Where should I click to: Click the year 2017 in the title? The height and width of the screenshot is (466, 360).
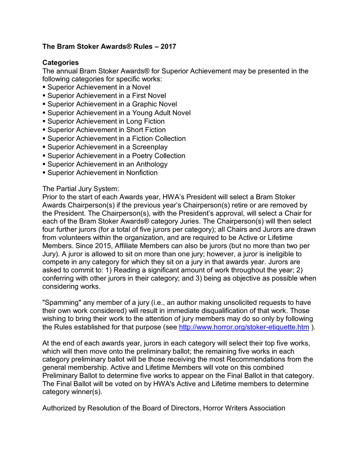(x=167, y=46)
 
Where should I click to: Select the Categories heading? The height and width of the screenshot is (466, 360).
(x=61, y=62)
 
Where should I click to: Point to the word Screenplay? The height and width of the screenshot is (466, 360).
(x=150, y=147)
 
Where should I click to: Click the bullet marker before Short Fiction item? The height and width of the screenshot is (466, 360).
(x=44, y=130)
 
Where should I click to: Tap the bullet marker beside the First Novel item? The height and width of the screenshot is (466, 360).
(x=44, y=96)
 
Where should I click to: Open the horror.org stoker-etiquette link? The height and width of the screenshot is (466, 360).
(x=244, y=327)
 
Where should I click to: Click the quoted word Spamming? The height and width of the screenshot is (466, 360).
(x=61, y=302)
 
